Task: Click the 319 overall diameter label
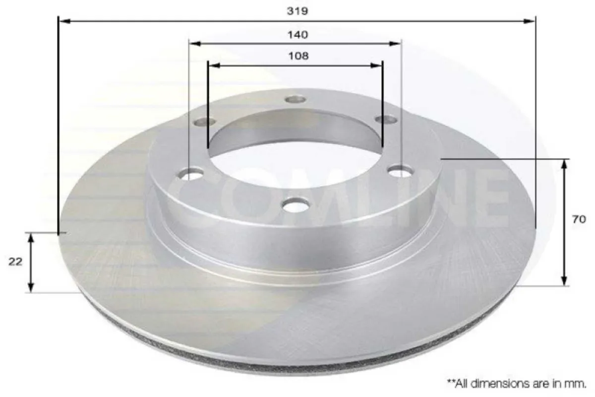(x=297, y=10)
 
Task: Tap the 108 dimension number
(x=297, y=56)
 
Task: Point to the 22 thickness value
(x=15, y=262)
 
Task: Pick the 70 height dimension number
(x=579, y=219)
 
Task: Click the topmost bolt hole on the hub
(x=296, y=99)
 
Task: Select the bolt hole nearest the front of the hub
(x=297, y=204)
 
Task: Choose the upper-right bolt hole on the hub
(x=386, y=120)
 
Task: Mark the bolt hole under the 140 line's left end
(x=191, y=174)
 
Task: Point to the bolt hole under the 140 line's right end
(x=401, y=172)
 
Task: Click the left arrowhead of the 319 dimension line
(x=62, y=21)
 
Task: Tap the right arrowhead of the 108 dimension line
(x=379, y=65)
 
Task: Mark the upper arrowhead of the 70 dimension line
(x=564, y=163)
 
